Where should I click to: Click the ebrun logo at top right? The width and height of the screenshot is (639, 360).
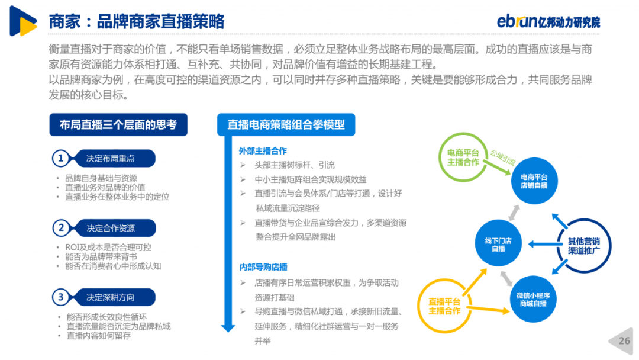click(x=548, y=21)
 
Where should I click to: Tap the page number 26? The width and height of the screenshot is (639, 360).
click(x=624, y=341)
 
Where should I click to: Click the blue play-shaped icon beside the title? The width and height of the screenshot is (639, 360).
click(x=23, y=21)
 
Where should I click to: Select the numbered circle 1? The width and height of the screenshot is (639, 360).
click(x=61, y=158)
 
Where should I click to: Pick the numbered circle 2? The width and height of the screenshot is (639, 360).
click(x=61, y=228)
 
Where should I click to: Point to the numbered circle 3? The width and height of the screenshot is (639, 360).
click(x=61, y=297)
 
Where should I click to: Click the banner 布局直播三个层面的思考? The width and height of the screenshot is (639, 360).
click(x=118, y=125)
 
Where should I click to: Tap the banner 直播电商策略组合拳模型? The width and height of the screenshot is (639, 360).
click(x=286, y=125)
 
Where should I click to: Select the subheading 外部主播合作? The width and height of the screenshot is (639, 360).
click(x=263, y=151)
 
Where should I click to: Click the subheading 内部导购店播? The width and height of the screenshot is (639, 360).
click(x=263, y=267)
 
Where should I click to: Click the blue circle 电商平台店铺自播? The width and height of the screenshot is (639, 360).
click(x=534, y=181)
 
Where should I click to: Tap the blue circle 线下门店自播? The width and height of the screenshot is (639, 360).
click(x=498, y=243)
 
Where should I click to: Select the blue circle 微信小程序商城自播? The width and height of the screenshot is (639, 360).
click(x=533, y=299)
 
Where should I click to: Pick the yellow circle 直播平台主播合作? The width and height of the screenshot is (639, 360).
click(x=419, y=306)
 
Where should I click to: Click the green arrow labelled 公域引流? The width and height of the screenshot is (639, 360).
click(x=497, y=168)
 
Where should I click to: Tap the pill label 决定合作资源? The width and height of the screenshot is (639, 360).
click(x=111, y=228)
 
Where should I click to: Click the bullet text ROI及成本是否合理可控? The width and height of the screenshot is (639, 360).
click(x=108, y=247)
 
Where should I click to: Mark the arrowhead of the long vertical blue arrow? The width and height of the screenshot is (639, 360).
click(x=228, y=328)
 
